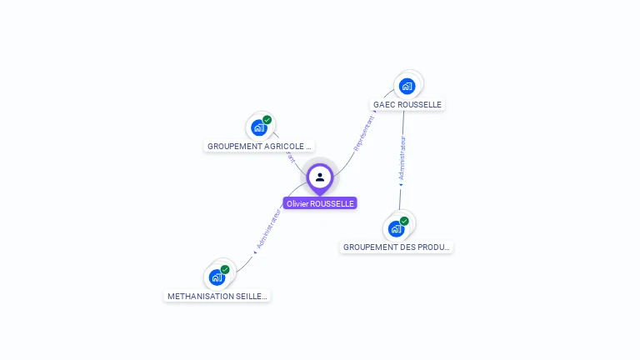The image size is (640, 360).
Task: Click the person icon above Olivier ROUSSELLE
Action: (x=320, y=177)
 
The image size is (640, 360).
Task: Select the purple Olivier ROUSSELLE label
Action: (x=320, y=203)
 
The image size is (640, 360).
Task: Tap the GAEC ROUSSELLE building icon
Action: (x=407, y=86)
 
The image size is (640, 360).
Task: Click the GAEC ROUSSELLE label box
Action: (x=407, y=104)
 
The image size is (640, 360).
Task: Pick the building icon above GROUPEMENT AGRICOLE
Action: (x=259, y=127)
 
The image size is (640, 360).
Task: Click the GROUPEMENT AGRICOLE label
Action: (x=259, y=146)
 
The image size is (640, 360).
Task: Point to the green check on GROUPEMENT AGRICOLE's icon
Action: (x=267, y=120)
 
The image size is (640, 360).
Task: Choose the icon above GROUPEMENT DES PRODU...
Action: (x=397, y=228)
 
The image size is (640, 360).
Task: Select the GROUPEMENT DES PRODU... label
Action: (x=397, y=247)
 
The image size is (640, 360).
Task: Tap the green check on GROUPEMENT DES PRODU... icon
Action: (x=404, y=221)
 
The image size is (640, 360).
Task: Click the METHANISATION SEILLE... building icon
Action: (x=217, y=277)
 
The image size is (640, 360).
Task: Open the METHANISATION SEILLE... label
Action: (x=217, y=296)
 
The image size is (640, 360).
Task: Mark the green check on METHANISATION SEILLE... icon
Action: (x=225, y=269)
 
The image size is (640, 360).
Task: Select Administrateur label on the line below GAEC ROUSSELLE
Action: (x=402, y=159)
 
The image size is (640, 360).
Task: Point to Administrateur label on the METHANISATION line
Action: (x=268, y=227)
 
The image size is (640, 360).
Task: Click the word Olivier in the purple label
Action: (x=297, y=203)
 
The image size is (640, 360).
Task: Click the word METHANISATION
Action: (x=197, y=296)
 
